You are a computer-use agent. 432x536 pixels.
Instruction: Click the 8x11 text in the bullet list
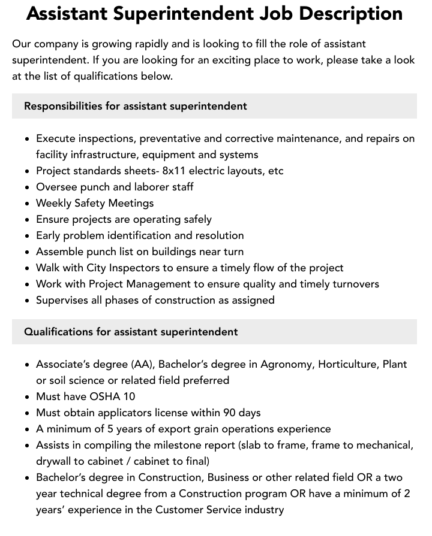pos(175,171)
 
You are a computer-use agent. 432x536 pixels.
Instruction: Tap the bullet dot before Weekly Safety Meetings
pos(27,204)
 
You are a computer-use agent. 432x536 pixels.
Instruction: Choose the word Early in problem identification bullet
pos(50,235)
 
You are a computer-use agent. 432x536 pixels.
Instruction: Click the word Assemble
pos(59,252)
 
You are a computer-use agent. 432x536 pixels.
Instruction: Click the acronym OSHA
pos(105,396)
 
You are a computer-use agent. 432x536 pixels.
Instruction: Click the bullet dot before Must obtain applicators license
pos(27,413)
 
